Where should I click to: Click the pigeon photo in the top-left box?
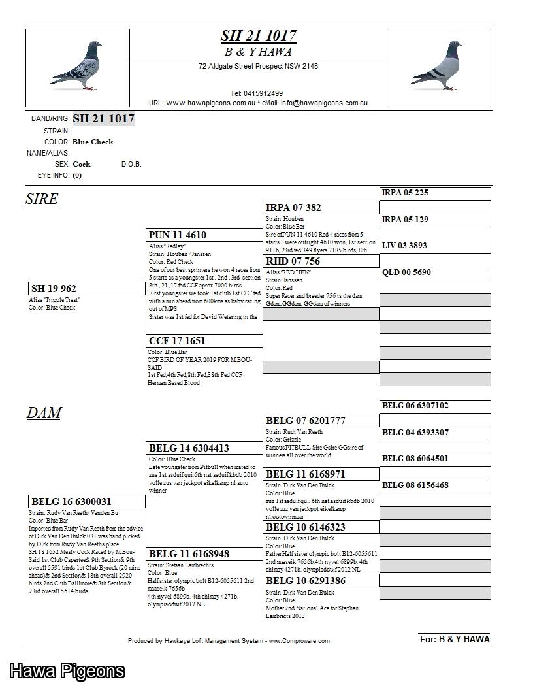[x=76, y=66]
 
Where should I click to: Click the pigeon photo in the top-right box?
[x=437, y=66]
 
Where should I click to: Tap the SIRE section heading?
[x=42, y=199]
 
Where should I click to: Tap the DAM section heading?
[x=44, y=412]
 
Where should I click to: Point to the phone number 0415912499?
[x=257, y=93]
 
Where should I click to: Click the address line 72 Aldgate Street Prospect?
[x=258, y=66]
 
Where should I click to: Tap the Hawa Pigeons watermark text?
[x=67, y=671]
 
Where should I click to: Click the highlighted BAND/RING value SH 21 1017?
[x=103, y=118]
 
